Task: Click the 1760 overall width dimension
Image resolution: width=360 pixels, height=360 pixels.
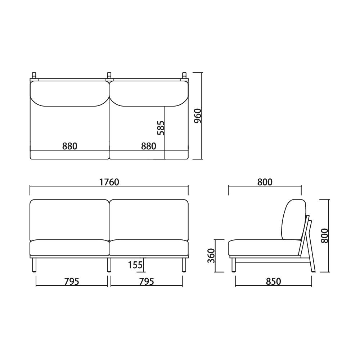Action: pos(109,182)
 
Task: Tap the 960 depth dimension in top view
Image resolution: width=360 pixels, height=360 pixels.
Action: pos(198,116)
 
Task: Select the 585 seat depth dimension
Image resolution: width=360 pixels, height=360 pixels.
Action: pos(161,128)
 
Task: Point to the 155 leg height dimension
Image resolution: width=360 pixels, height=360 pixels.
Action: pos(135,265)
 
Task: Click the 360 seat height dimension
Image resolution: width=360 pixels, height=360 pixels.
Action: pos(211,256)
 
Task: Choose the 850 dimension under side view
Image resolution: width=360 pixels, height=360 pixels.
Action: pos(274,282)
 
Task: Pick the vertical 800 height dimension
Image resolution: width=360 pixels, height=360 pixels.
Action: pos(325,236)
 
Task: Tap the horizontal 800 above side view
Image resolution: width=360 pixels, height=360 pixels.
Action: pos(265,182)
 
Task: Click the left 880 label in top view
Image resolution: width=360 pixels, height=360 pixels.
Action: pos(70,146)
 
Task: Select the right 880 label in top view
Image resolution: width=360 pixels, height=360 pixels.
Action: pos(149,146)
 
